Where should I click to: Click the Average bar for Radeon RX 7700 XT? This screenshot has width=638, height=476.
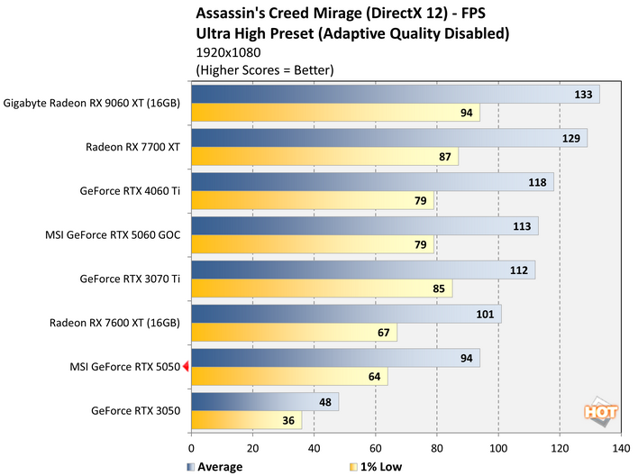click(x=388, y=138)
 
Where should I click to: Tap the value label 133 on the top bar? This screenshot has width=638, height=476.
click(x=583, y=95)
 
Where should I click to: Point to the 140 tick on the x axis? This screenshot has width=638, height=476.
click(x=620, y=446)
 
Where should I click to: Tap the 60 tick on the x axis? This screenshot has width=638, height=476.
click(x=375, y=446)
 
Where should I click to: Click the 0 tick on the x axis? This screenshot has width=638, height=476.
click(x=191, y=446)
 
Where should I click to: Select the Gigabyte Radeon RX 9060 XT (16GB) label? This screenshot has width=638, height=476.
click(x=92, y=103)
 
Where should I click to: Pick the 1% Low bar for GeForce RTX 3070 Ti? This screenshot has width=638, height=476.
click(x=321, y=288)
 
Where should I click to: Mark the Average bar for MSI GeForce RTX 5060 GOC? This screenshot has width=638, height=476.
click(x=364, y=226)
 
